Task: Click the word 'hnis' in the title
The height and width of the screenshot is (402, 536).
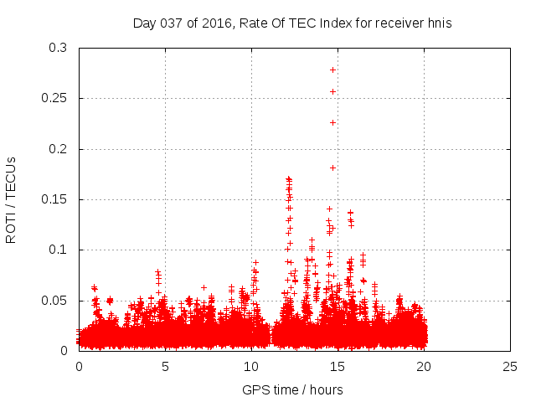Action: click(438, 23)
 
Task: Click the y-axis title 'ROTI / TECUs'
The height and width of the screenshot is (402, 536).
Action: click(11, 199)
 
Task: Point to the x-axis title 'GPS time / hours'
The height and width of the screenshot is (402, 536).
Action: click(292, 389)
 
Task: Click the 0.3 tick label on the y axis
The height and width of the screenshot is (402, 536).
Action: click(59, 49)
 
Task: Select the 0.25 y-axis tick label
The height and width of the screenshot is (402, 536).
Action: click(55, 99)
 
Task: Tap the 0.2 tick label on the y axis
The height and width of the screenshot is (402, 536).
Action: click(59, 149)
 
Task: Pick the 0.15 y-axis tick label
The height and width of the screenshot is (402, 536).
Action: click(55, 199)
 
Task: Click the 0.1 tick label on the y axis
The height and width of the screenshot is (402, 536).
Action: click(59, 250)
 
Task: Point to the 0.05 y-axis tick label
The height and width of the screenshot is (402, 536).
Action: click(55, 301)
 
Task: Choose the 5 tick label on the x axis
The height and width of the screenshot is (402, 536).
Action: click(165, 366)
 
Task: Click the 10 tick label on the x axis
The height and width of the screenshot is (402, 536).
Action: click(251, 366)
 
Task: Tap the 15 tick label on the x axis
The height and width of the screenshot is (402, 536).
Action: click(338, 366)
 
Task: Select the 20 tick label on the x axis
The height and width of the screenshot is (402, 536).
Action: click(424, 366)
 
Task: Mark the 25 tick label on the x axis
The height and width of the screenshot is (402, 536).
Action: click(510, 366)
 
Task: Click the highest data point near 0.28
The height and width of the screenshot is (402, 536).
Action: click(332, 70)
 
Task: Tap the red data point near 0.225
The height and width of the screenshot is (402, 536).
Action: click(332, 122)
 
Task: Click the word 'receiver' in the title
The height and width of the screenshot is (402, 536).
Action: click(396, 23)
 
